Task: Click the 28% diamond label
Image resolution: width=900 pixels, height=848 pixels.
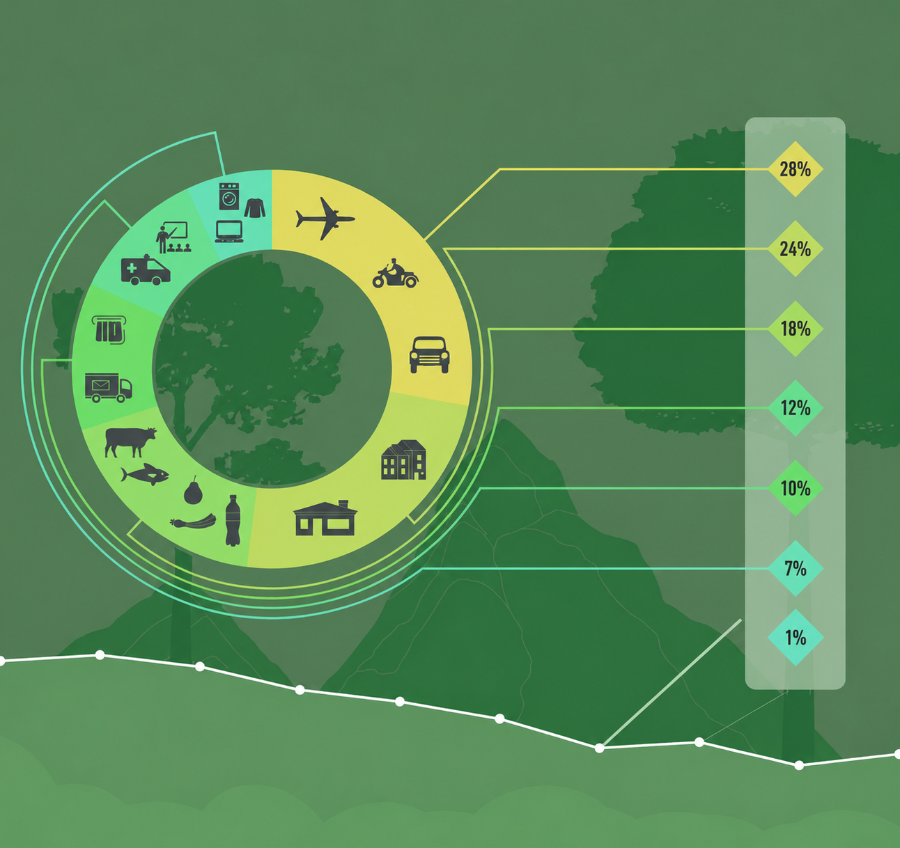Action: pos(796,169)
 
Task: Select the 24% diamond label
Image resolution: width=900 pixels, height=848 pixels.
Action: pos(796,249)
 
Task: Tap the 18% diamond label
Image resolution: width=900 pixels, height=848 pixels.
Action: pos(796,329)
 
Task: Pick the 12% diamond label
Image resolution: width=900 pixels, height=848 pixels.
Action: pos(796,408)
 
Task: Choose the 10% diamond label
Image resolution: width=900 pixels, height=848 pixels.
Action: pos(796,488)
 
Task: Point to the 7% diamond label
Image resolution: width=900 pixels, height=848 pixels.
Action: pos(796,568)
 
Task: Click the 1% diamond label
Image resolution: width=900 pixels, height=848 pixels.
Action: pos(796,637)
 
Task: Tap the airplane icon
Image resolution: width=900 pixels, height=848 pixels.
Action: pos(325,219)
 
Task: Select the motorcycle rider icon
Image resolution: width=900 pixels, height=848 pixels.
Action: pos(395,273)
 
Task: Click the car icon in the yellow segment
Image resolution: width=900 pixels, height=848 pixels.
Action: pos(429,354)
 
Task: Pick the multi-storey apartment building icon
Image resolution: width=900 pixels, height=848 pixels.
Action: pos(404,460)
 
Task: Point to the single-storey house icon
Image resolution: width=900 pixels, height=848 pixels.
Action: pos(325,518)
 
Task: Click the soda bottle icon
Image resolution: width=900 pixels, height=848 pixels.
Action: pos(233,521)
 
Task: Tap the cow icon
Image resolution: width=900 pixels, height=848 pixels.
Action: pos(130,442)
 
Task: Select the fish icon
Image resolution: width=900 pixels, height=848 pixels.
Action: pos(145,474)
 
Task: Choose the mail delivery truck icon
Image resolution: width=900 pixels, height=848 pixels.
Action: pos(108,388)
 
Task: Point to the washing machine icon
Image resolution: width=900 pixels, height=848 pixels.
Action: pos(229,196)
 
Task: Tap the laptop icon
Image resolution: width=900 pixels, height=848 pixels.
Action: pos(229,231)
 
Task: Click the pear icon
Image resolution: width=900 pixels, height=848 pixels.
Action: pos(193,489)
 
